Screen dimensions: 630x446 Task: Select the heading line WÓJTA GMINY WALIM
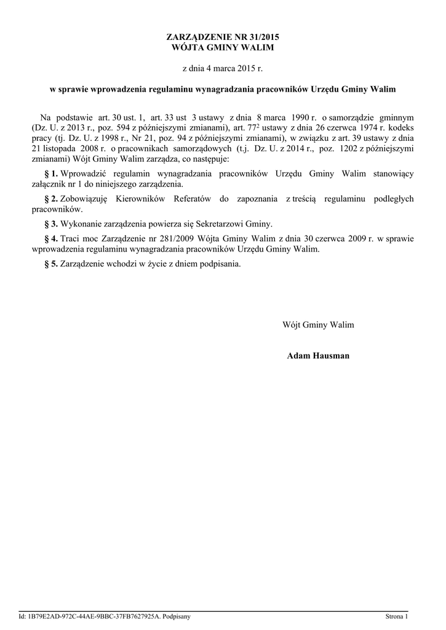tap(222, 47)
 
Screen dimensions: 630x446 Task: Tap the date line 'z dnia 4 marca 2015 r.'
tap(223, 70)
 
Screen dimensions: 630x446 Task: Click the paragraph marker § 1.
tap(52, 174)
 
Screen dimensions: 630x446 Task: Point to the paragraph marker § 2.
tap(52, 199)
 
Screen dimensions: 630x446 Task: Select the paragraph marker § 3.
tap(52, 224)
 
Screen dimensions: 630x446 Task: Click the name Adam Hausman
tap(318, 356)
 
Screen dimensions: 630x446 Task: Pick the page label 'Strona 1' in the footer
tap(396, 616)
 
